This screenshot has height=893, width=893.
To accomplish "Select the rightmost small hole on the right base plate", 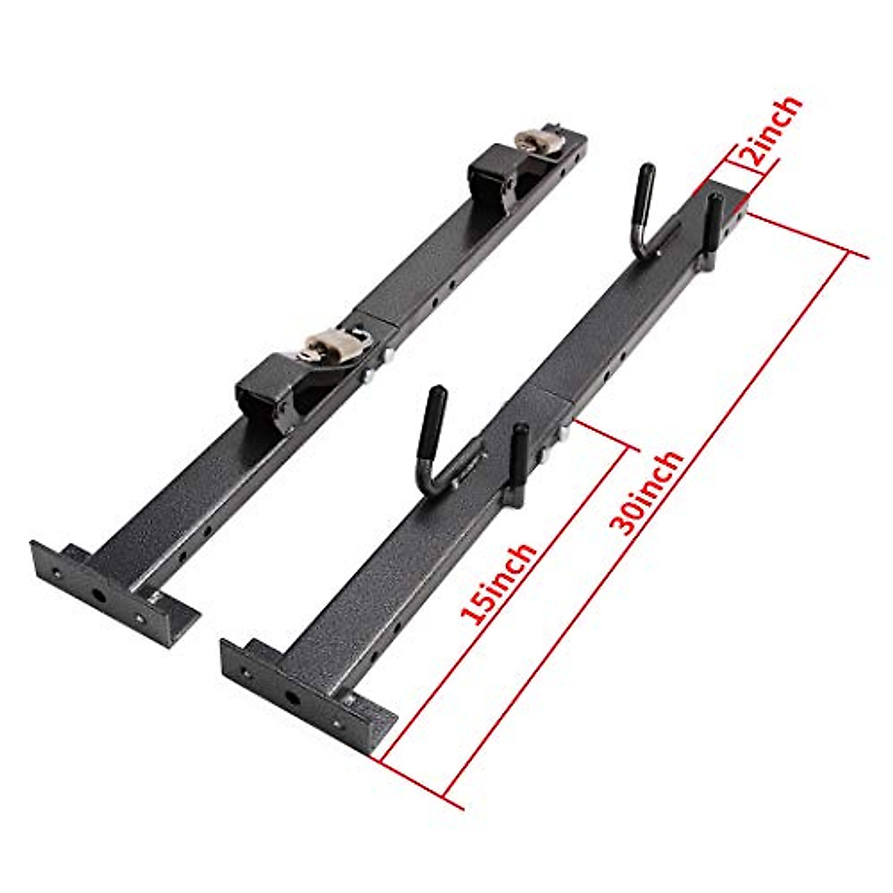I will point(339,721).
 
